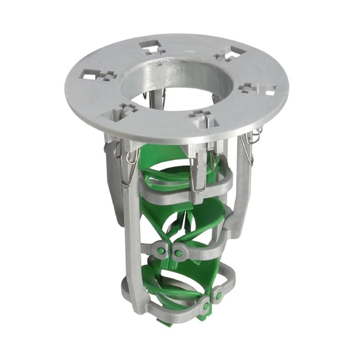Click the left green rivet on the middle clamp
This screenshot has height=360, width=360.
(x=161, y=251)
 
